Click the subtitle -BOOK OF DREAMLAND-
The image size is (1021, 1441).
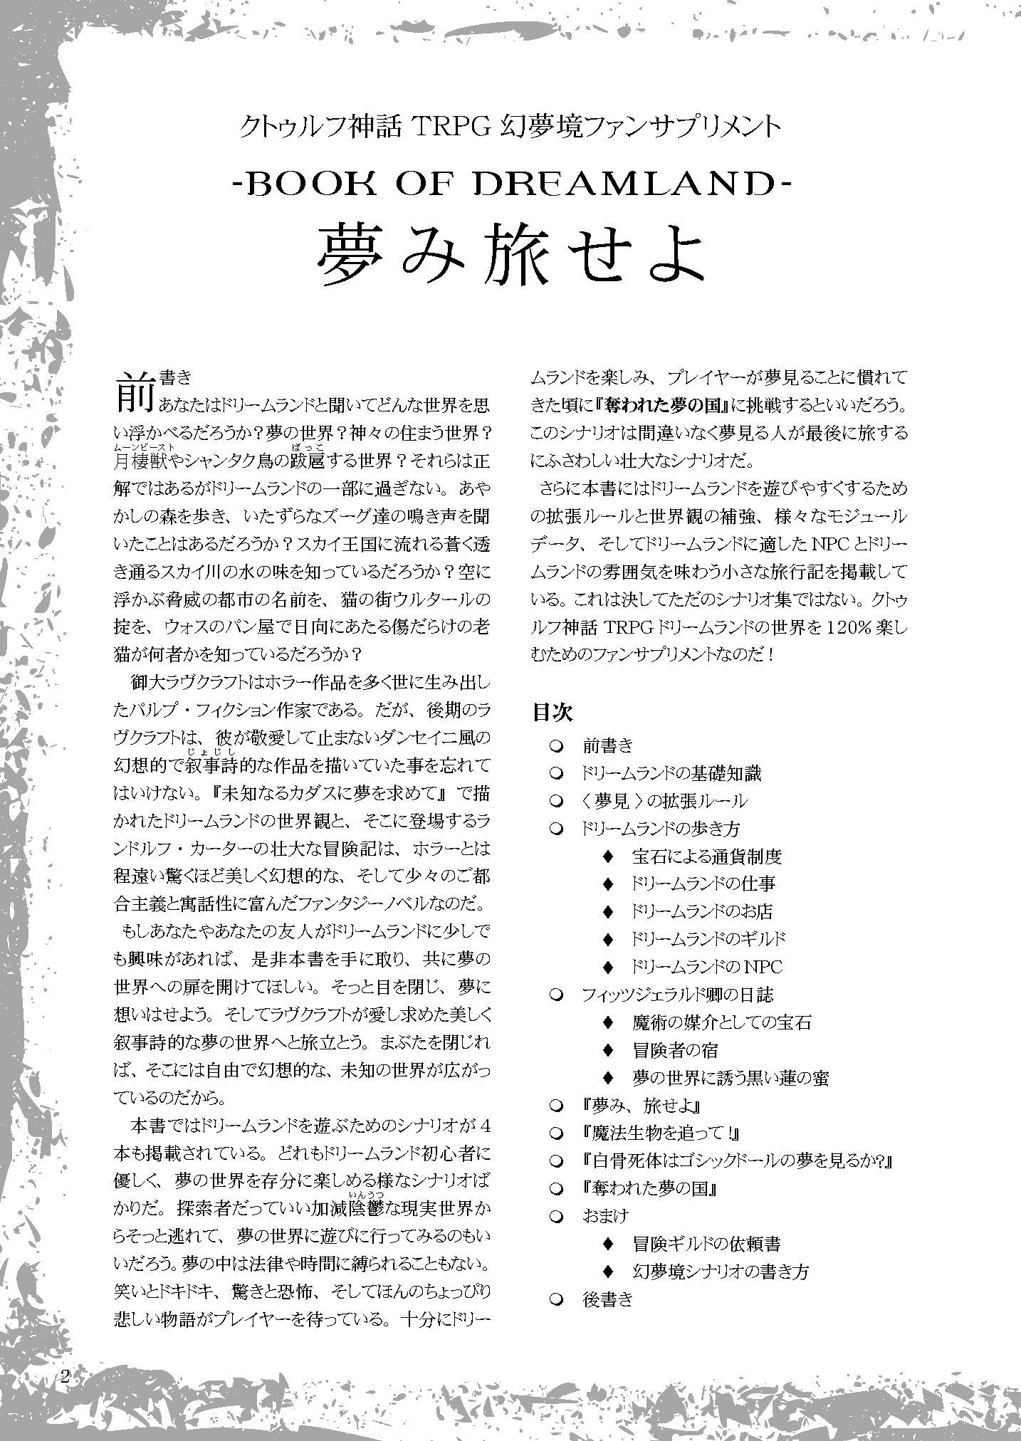(x=510, y=186)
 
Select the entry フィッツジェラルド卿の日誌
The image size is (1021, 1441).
(x=677, y=995)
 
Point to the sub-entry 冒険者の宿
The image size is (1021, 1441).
(x=675, y=1050)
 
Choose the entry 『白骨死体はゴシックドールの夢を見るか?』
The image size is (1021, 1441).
(x=737, y=1160)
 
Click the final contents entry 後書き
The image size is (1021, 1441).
(x=607, y=1299)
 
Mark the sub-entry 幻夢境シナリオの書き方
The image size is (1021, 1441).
(x=720, y=1272)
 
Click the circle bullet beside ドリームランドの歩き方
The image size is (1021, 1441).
(x=557, y=829)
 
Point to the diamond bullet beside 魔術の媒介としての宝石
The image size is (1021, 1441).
(x=607, y=1022)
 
